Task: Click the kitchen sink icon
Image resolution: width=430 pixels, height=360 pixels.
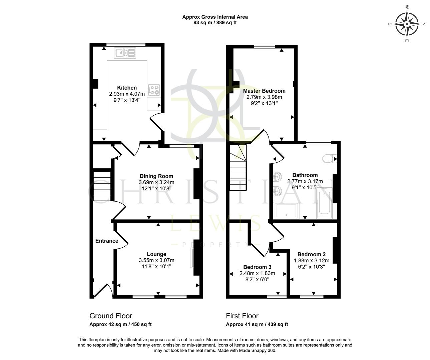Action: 125,53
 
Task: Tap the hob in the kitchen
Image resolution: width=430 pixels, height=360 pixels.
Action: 154,90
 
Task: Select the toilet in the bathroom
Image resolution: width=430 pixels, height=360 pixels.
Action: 329,159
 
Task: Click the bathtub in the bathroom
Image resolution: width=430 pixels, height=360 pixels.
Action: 324,204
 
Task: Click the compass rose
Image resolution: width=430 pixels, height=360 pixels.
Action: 407,24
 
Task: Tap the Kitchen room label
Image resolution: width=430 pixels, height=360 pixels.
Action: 127,88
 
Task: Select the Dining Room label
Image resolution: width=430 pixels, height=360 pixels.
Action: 156,176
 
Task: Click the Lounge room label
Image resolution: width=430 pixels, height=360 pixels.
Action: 156,254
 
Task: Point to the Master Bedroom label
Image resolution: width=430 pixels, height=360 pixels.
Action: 264,91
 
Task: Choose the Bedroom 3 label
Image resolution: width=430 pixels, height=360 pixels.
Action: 257,267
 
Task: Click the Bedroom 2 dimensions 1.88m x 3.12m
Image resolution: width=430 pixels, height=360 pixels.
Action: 312,261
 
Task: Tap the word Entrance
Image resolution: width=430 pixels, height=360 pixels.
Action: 107,241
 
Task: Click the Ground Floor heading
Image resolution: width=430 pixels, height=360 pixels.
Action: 111,316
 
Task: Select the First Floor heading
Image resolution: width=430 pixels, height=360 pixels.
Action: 242,316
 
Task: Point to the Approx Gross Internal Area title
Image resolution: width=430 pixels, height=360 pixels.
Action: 215,17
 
